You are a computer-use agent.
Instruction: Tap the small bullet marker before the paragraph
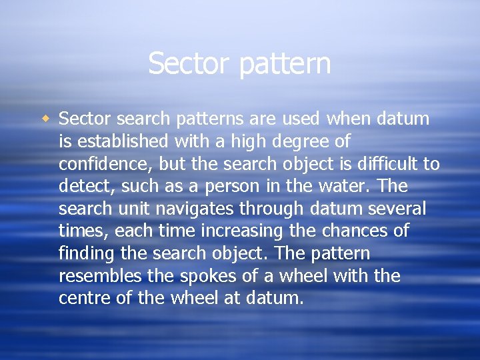[45, 119]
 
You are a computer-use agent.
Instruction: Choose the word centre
[84, 298]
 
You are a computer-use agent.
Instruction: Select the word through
[273, 209]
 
